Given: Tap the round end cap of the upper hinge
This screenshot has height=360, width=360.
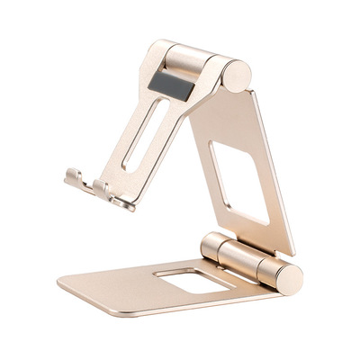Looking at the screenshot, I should point(236,76).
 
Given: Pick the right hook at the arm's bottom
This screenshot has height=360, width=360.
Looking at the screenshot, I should point(104,188).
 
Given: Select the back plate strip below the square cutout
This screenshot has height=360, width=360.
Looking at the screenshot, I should point(243,230).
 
